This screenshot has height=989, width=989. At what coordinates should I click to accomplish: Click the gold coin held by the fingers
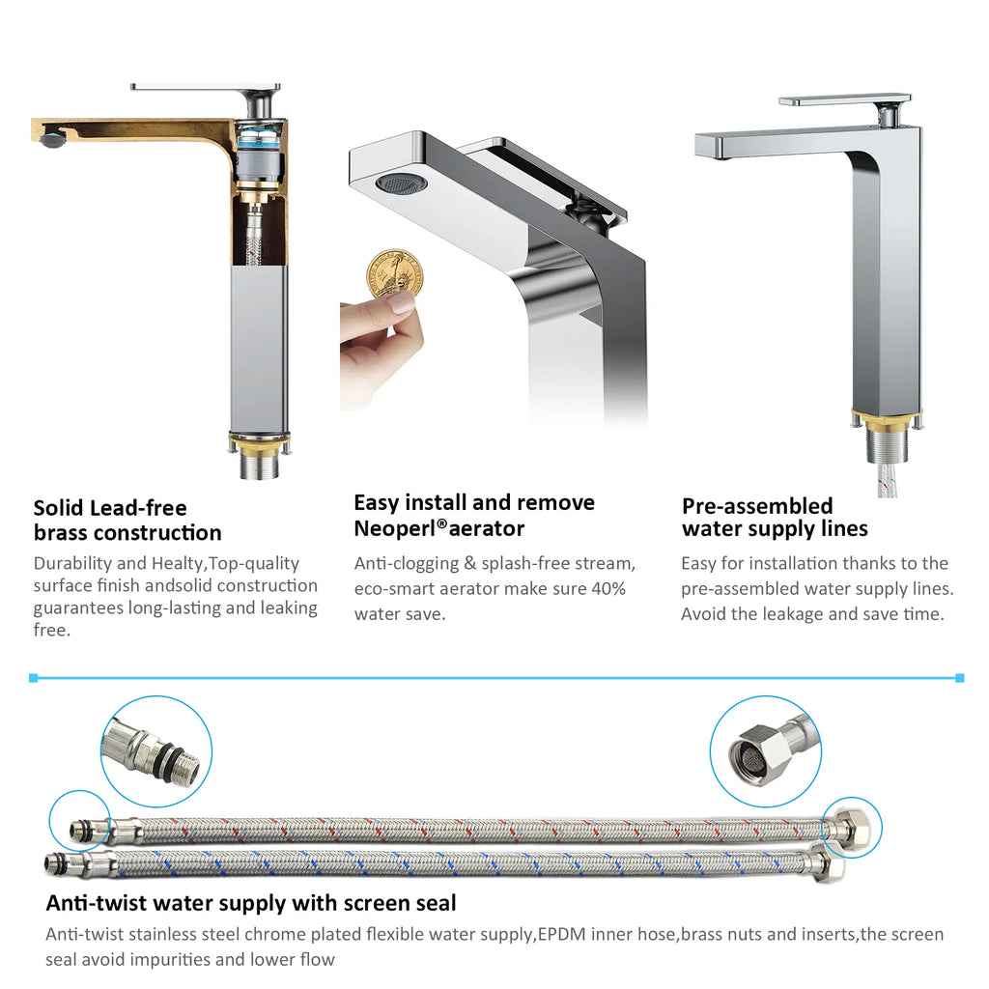[x=394, y=273]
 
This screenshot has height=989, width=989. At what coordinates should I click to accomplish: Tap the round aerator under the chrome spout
[x=401, y=184]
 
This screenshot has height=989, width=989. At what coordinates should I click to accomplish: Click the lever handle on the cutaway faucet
[x=206, y=87]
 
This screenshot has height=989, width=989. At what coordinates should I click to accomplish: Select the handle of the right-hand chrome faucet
[x=845, y=100]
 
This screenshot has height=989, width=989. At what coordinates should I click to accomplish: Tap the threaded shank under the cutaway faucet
[x=260, y=464]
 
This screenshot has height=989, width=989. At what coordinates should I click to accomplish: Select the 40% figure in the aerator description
[x=608, y=588]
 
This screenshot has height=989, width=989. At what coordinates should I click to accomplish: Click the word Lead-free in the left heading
[x=138, y=508]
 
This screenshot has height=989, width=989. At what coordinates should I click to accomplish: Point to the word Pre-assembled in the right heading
[x=757, y=506]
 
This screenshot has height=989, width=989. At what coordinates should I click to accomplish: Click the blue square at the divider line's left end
[x=34, y=678]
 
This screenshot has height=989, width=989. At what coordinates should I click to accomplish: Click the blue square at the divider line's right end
[x=959, y=678]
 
